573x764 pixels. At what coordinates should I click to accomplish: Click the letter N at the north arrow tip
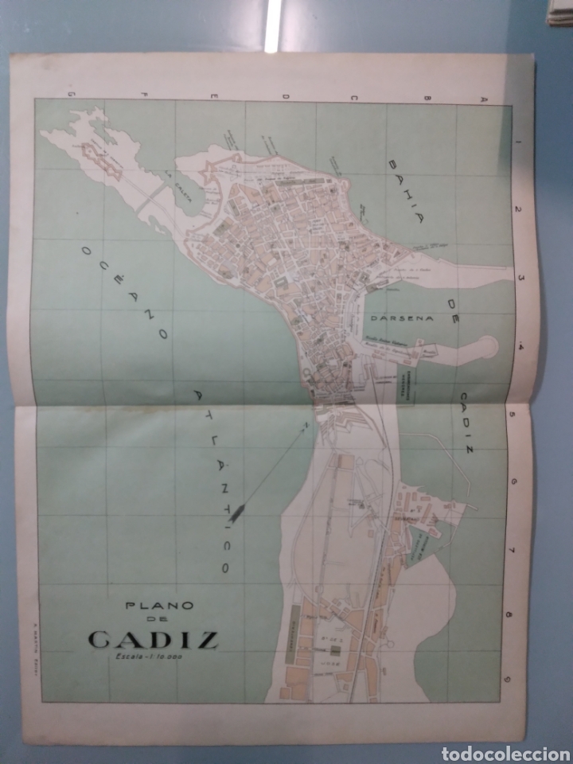pos(305,430)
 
